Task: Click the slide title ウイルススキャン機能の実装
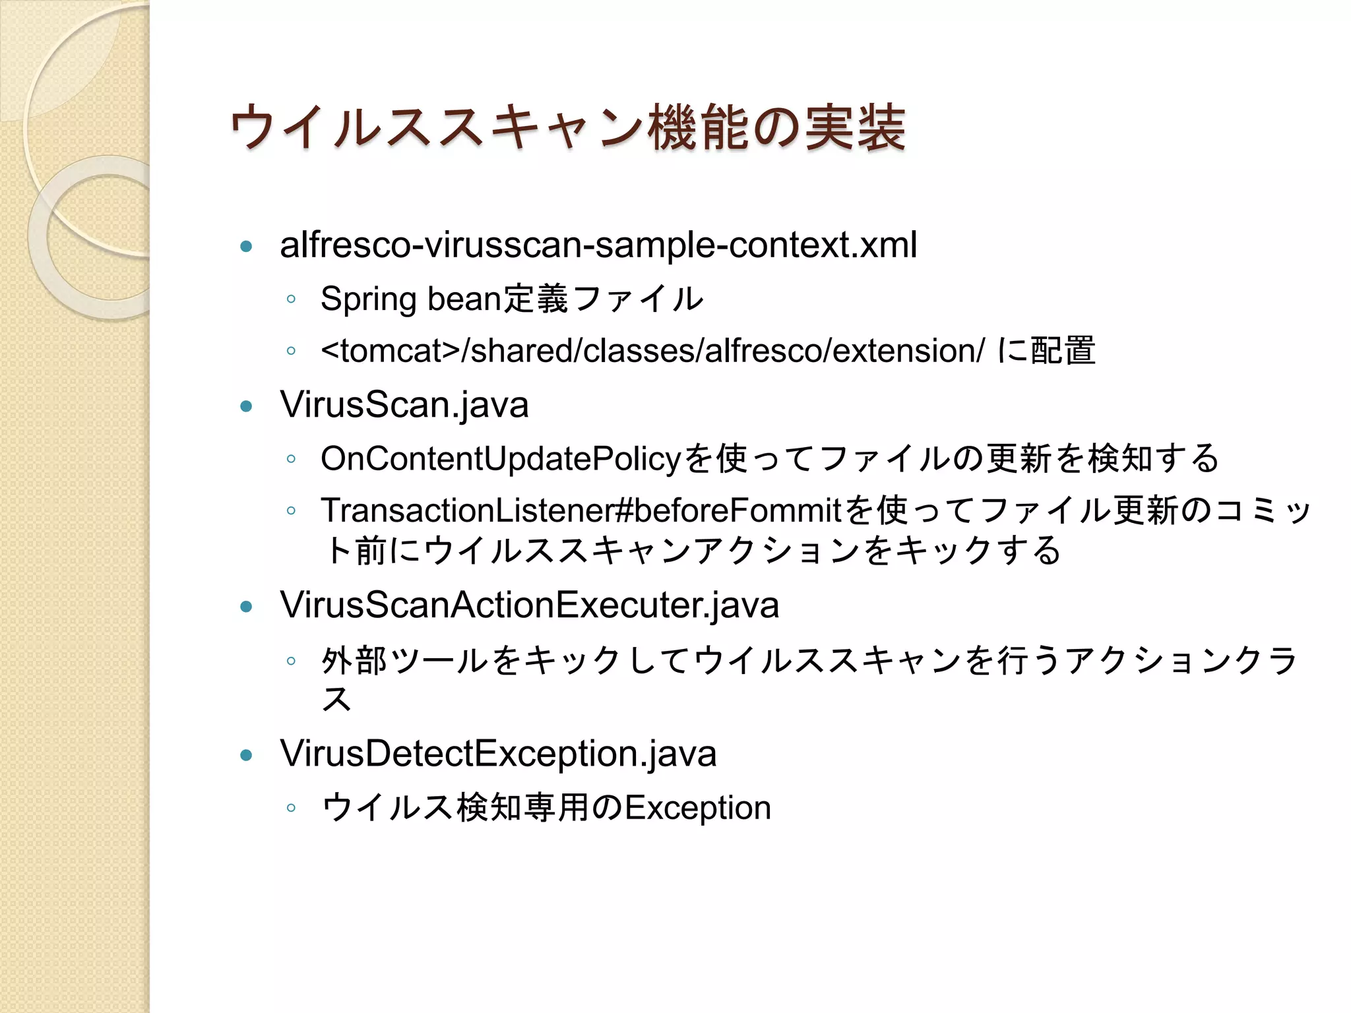pos(567,128)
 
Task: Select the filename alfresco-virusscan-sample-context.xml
pos(598,245)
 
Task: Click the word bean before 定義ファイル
pos(465,299)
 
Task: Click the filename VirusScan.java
pos(404,404)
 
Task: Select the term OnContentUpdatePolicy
pos(500,458)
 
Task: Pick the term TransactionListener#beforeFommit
pos(581,510)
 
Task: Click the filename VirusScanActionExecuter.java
pos(530,605)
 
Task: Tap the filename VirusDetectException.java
pos(498,753)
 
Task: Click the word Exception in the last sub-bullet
pos(698,808)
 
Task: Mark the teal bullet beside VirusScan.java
pos(247,406)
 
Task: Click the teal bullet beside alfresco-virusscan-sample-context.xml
pos(247,247)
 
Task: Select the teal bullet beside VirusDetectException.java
pos(247,755)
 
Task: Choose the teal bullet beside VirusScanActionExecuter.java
pos(247,607)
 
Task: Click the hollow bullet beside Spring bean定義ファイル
pos(291,300)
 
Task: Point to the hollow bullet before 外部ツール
pos(291,661)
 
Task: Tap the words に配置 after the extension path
pos(1046,350)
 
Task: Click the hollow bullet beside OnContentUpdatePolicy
pos(291,459)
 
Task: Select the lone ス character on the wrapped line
pos(336,699)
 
